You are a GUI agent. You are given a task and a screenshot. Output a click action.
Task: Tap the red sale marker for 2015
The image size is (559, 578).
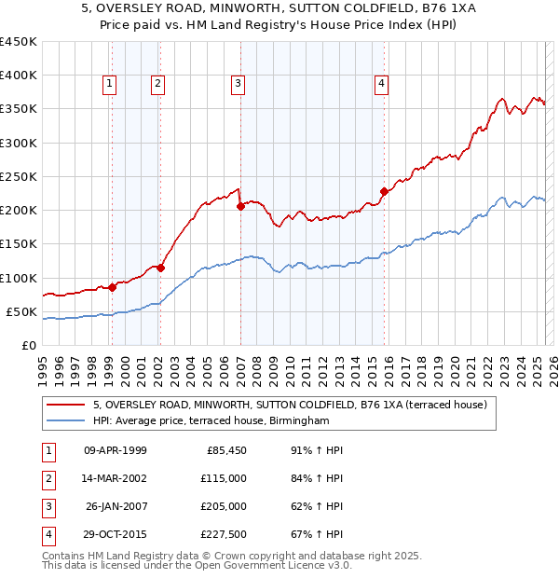384,192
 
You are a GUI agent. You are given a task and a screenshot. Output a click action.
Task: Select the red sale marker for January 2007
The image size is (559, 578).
240,207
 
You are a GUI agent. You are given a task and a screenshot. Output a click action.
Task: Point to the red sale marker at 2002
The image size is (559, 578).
160,268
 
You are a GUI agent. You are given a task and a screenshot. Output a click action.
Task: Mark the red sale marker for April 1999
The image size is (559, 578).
113,287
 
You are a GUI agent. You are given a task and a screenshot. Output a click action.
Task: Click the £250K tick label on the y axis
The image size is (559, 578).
19,176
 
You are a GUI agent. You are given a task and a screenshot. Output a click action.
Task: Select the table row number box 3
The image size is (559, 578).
48,506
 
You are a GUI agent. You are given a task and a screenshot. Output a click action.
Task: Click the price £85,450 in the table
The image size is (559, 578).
225,450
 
